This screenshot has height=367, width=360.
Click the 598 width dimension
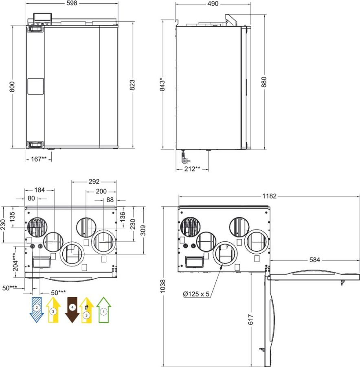(72, 3)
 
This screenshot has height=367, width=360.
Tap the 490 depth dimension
(213, 4)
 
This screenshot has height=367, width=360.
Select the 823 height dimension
(132, 85)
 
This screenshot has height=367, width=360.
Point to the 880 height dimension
(264, 82)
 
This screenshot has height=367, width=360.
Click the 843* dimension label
(163, 85)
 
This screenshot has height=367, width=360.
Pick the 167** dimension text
(39, 159)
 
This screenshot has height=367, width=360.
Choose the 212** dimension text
(192, 169)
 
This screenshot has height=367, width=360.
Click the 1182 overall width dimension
(269, 196)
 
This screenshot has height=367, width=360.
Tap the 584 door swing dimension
(315, 260)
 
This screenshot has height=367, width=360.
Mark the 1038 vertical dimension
(163, 286)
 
